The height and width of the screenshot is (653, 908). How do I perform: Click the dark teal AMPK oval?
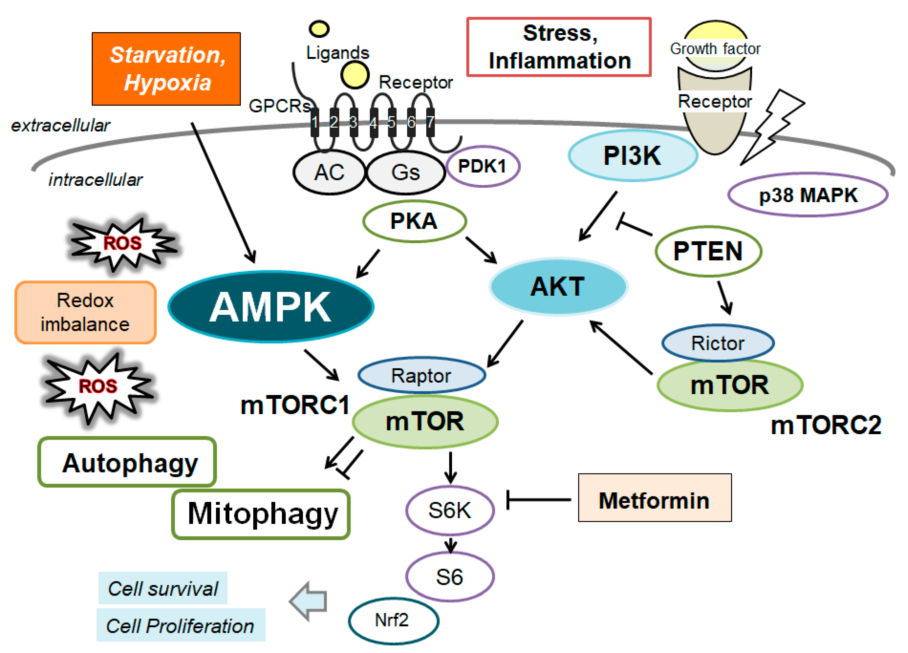pyautogui.click(x=271, y=307)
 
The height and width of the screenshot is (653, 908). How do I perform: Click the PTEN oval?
pyautogui.click(x=708, y=251)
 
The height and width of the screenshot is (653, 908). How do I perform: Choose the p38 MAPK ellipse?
pyautogui.click(x=808, y=195)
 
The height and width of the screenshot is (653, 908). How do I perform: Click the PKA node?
pyautogui.click(x=414, y=221)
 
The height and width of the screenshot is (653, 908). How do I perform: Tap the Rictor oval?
pyautogui.click(x=718, y=343)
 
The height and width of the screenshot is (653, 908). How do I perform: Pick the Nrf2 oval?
pyautogui.click(x=393, y=621)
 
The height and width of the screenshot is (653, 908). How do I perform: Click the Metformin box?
pyautogui.click(x=655, y=498)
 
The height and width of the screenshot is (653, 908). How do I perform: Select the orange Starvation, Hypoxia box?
pyautogui.click(x=166, y=69)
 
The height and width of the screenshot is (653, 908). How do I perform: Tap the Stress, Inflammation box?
pyautogui.click(x=559, y=47)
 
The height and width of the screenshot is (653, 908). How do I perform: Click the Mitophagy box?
pyautogui.click(x=261, y=514)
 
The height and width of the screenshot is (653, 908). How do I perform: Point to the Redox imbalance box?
pyautogui.click(x=85, y=312)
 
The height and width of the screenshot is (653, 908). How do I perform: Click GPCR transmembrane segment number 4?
pyautogui.click(x=374, y=122)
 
